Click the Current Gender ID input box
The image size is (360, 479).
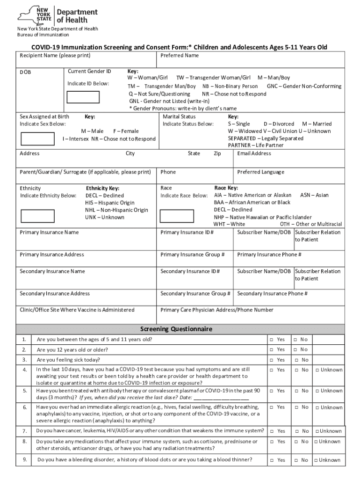(x=83, y=97)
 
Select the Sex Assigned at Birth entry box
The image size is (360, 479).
(x=37, y=139)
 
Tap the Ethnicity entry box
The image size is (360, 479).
(x=37, y=216)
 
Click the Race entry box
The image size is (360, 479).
(x=178, y=216)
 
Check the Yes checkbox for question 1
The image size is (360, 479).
(x=271, y=339)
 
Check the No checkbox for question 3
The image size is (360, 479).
(x=295, y=360)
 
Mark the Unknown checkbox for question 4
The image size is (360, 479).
(x=317, y=370)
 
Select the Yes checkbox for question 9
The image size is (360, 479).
(x=271, y=460)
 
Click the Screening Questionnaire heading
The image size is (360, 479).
(x=180, y=329)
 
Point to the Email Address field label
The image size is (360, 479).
(x=254, y=153)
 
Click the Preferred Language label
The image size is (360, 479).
(x=260, y=172)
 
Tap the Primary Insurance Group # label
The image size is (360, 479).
(x=192, y=254)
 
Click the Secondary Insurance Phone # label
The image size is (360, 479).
(x=272, y=293)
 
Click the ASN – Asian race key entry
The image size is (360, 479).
(x=314, y=195)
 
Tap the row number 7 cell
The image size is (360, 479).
(x=24, y=431)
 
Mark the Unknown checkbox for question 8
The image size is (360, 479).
(x=316, y=442)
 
